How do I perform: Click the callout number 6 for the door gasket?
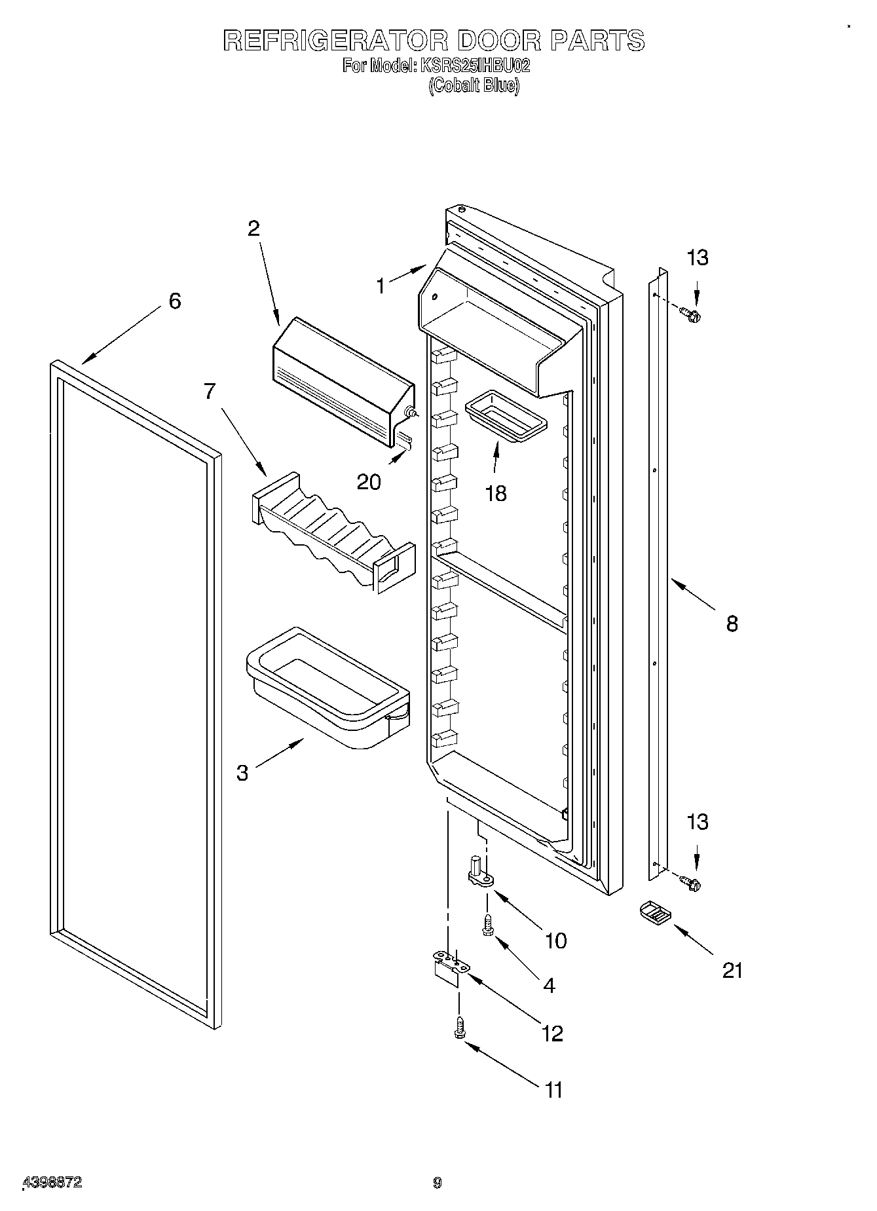(174, 301)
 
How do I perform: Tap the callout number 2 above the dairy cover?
(253, 229)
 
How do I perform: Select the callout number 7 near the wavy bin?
(209, 391)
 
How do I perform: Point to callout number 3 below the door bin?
(242, 773)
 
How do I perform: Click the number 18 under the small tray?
(496, 493)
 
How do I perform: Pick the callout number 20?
(369, 482)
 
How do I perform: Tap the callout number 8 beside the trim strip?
(732, 623)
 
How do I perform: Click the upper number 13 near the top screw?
(698, 258)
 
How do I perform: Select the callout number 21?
(733, 970)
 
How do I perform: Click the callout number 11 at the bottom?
(553, 1090)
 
